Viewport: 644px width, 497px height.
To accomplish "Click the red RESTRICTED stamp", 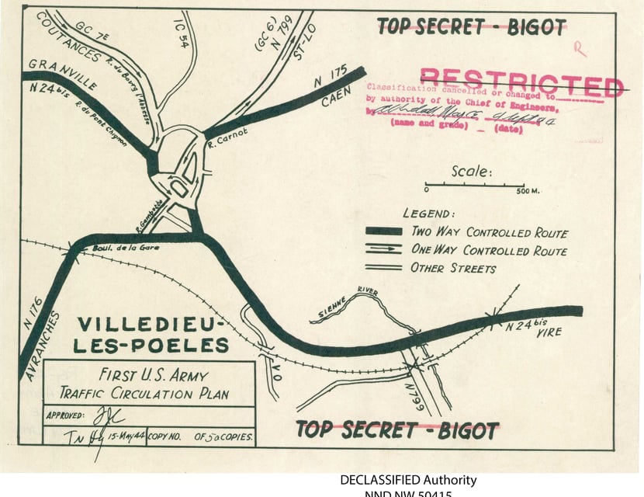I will [x=521, y=82].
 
